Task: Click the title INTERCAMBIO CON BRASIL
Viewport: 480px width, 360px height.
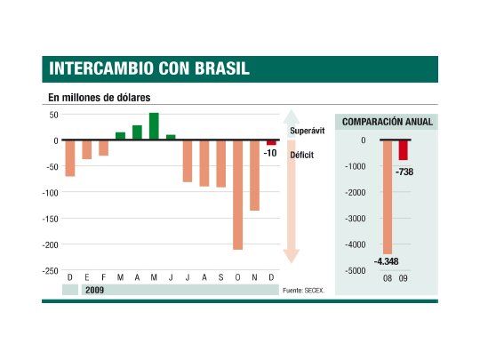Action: click(149, 69)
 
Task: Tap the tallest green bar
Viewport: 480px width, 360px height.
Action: click(154, 126)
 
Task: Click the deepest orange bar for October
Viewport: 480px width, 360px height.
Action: click(238, 195)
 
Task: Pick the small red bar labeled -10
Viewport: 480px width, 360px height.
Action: click(271, 142)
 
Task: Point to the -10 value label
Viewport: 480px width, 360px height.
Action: click(271, 153)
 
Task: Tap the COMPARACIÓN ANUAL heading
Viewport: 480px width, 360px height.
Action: click(387, 122)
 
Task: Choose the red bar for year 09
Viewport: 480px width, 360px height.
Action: click(404, 150)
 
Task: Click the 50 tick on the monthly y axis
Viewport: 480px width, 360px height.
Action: click(52, 116)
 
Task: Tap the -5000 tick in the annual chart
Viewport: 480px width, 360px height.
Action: click(355, 271)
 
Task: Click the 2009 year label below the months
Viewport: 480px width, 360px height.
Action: click(95, 290)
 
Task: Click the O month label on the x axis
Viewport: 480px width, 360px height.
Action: click(238, 278)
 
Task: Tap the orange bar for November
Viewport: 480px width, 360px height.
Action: click(255, 175)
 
